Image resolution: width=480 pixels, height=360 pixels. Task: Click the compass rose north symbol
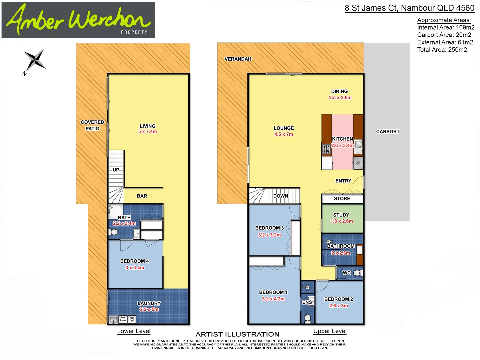tap(35, 61)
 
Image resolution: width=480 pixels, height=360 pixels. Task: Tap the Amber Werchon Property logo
tap(78, 20)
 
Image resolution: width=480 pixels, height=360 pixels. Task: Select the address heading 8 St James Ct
tap(409, 8)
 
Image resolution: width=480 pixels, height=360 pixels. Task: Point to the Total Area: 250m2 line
tap(442, 50)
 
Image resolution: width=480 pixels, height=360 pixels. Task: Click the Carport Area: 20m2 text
tap(444, 35)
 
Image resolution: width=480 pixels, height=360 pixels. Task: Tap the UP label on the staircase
tap(116, 170)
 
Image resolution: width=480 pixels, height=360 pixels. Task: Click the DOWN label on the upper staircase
tap(281, 196)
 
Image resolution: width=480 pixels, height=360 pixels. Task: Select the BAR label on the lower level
tap(142, 196)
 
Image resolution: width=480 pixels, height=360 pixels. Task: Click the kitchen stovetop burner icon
tap(326, 149)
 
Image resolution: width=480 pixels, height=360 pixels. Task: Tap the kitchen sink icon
tap(358, 145)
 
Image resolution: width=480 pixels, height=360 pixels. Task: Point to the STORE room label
tap(342, 199)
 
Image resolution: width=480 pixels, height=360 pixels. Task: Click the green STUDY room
tap(342, 218)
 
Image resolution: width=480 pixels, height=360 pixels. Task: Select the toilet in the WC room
tap(357, 273)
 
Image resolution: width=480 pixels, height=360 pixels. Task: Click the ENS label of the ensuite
tap(307, 302)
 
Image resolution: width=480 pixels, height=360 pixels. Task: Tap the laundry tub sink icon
tap(113, 320)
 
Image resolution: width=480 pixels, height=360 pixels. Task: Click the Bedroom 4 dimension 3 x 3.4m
tap(135, 268)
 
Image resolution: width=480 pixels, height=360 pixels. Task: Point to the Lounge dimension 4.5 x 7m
tap(284, 134)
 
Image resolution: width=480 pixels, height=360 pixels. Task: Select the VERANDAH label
tap(238, 59)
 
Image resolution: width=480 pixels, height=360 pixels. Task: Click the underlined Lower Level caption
tap(134, 331)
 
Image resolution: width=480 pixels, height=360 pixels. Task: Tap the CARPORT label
tap(388, 132)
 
